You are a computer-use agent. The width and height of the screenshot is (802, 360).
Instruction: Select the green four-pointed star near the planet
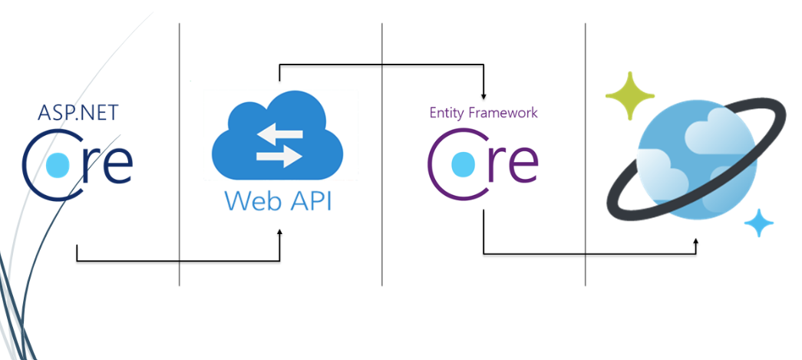(x=629, y=95)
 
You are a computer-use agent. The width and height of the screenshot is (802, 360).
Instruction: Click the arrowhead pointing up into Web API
(x=279, y=231)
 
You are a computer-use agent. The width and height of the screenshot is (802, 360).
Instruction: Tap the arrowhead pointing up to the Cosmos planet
(x=696, y=242)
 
